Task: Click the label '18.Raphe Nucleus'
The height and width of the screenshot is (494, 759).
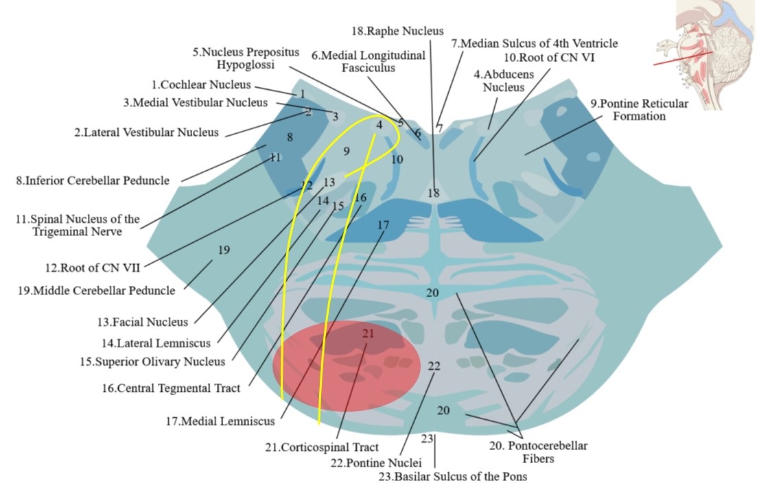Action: (398, 31)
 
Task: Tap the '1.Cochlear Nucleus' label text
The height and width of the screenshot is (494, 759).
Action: (201, 84)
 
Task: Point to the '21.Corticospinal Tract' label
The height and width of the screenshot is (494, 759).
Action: (322, 447)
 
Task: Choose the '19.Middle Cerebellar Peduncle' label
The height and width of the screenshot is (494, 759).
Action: (97, 290)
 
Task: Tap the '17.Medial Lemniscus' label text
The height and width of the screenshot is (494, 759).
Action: (220, 421)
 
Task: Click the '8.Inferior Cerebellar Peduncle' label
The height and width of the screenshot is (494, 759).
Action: (93, 181)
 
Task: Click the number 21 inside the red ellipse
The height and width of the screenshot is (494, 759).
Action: (369, 333)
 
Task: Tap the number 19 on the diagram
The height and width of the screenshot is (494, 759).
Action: (224, 250)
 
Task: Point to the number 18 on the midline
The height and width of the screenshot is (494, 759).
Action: (433, 193)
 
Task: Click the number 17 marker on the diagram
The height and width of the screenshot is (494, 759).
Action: (383, 224)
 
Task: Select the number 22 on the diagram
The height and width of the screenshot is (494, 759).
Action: (433, 366)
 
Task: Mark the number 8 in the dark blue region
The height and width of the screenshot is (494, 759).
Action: (290, 137)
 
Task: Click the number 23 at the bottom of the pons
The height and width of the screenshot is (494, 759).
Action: (428, 438)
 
